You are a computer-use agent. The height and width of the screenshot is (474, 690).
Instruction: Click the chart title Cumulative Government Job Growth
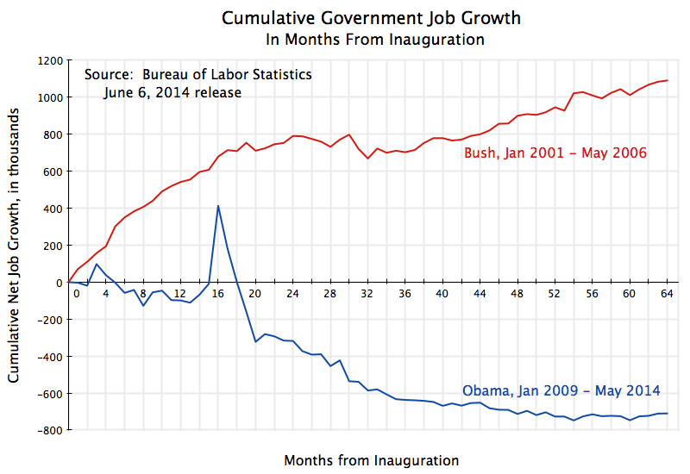click(x=371, y=18)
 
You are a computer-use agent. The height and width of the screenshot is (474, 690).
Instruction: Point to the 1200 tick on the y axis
click(x=49, y=60)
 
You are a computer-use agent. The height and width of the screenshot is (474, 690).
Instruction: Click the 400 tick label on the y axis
click(x=52, y=209)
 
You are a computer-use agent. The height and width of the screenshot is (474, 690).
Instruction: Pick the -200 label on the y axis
click(x=49, y=320)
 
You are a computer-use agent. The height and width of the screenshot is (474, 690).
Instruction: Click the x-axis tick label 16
click(x=218, y=293)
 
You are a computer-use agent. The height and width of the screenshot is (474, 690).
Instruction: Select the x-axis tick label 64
click(x=667, y=293)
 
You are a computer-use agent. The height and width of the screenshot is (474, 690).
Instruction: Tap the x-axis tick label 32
click(x=367, y=293)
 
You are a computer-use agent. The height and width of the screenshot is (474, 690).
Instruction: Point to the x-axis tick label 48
click(x=517, y=293)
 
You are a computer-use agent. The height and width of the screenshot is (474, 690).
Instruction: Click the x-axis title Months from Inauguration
click(x=371, y=459)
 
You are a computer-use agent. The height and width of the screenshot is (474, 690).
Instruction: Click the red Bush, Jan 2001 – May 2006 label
click(x=555, y=153)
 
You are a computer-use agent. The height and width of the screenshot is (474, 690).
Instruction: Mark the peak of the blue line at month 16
click(x=218, y=205)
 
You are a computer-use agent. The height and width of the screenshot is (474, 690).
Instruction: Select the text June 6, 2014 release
click(x=172, y=92)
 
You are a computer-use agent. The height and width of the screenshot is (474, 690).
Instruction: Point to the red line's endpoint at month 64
click(x=667, y=81)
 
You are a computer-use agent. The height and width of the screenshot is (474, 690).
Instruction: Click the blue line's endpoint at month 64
click(x=667, y=414)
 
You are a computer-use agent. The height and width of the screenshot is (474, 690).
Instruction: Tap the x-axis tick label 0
click(x=76, y=293)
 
